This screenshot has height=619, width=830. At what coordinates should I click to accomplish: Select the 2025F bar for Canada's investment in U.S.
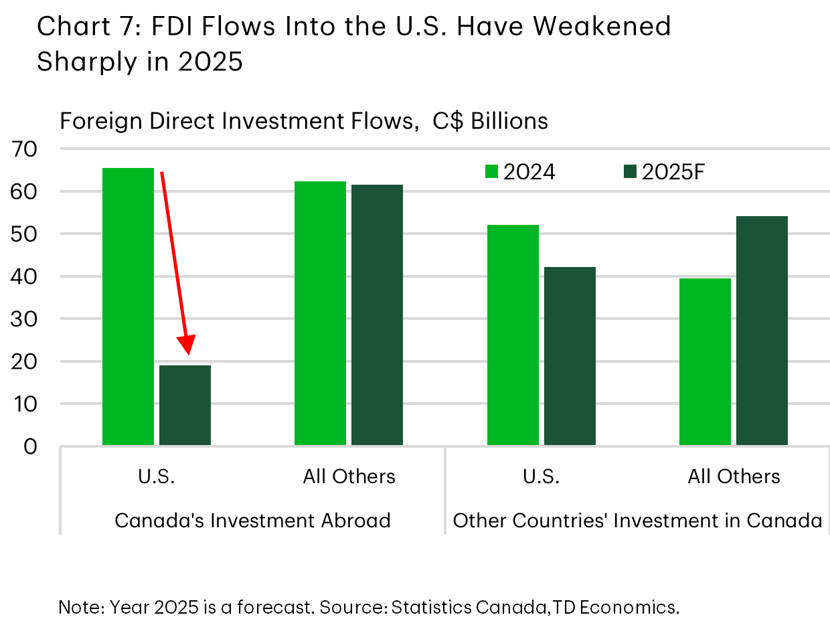pos(185,405)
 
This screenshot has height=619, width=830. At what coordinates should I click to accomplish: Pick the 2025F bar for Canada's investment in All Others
pos(377,315)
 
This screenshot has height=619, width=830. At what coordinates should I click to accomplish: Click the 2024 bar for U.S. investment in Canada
pos(513,335)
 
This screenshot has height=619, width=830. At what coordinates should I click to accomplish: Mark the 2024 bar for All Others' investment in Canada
pos(705,361)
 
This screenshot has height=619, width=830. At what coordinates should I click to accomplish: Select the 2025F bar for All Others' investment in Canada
pos(762,331)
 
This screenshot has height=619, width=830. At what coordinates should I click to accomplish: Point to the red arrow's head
pos(188,346)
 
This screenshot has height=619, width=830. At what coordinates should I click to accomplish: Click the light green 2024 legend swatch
pos(491,172)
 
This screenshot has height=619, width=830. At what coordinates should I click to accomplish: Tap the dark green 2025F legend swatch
pos(630,172)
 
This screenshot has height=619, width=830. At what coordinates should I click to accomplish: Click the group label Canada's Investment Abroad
pos(252,520)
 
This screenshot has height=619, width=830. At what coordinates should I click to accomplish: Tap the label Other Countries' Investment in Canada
pos(637,520)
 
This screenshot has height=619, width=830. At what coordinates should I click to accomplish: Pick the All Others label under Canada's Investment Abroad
pos(349,476)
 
